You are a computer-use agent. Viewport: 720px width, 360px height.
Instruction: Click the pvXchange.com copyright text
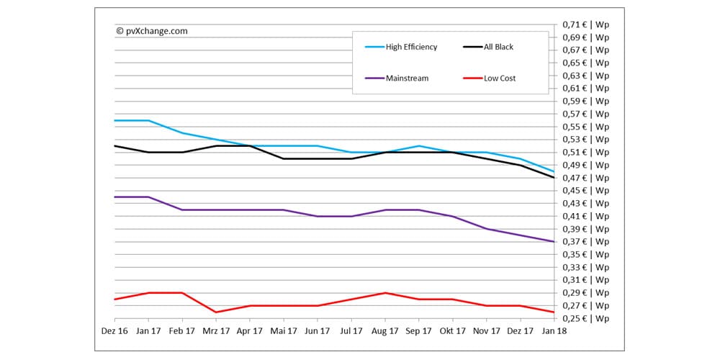point(151,31)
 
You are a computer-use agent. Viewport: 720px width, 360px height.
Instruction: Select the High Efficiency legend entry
point(411,47)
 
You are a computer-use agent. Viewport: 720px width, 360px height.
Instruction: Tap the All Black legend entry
point(498,47)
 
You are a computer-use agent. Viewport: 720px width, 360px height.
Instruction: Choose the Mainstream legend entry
point(407,78)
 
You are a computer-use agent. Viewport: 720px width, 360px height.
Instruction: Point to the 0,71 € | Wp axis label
point(585,24)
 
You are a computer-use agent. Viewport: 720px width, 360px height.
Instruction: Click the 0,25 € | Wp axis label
point(585,318)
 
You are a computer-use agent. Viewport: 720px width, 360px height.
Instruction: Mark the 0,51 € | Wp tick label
point(585,152)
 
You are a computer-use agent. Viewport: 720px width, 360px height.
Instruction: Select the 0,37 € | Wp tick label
point(585,242)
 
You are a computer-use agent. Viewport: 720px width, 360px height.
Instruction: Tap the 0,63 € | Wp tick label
point(585,76)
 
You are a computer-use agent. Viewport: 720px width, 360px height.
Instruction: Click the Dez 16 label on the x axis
point(114,330)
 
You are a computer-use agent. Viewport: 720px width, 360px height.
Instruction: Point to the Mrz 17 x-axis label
point(216,330)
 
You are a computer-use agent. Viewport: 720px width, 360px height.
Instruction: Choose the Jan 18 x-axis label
point(554,330)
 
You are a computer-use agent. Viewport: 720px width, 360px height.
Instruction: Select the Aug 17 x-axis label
point(385,330)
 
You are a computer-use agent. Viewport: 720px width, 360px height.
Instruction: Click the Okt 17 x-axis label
point(453,330)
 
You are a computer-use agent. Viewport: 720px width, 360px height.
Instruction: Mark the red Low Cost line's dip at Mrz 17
point(216,312)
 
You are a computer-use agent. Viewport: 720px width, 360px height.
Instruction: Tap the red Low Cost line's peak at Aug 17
point(385,293)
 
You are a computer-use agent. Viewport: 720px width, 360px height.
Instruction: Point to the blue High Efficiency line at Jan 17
point(148,120)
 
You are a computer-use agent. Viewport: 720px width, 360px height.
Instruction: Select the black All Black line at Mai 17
point(284,158)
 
